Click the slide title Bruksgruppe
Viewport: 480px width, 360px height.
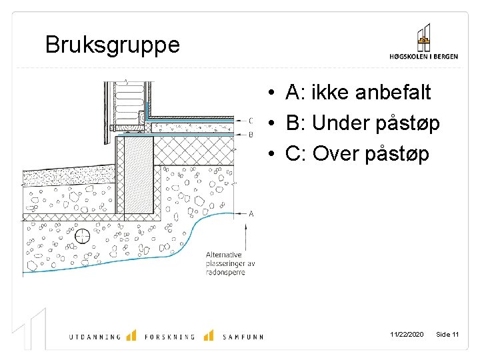(112, 45)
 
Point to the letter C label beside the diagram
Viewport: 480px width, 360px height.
(251, 121)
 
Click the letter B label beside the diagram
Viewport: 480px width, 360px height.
(251, 134)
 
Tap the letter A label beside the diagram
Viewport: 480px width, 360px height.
(251, 213)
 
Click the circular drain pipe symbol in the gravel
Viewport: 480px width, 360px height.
(83, 236)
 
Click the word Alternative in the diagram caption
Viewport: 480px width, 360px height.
(225, 255)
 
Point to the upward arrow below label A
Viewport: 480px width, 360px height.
(246, 237)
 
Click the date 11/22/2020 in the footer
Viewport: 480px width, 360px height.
(407, 334)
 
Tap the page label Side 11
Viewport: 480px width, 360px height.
(447, 334)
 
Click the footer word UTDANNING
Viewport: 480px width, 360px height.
(95, 337)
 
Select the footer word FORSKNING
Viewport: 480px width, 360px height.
(169, 337)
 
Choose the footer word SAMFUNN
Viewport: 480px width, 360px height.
(243, 337)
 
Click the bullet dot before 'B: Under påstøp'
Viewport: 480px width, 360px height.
(273, 124)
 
